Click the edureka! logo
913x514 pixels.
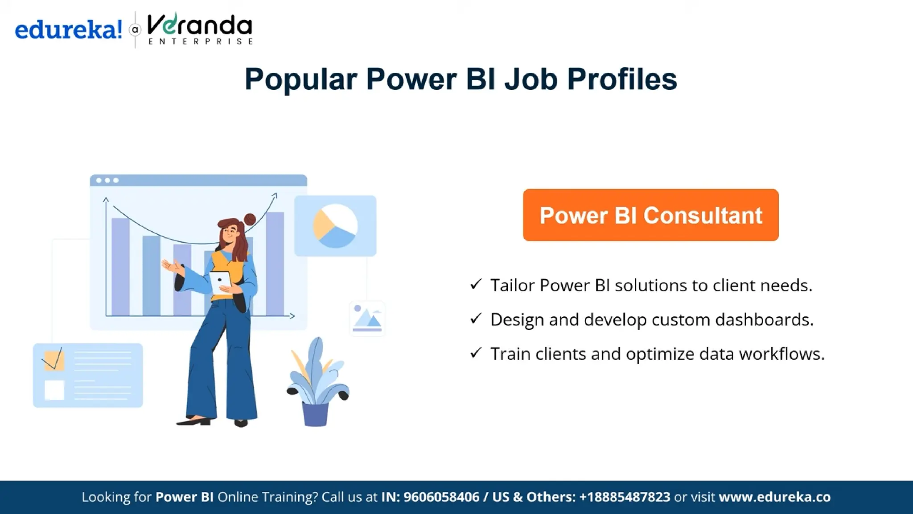coord(68,30)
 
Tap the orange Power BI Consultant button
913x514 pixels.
coord(650,215)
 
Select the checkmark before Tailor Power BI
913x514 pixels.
coord(476,284)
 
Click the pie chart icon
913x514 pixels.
coord(335,226)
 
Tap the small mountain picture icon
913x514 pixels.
coord(367,319)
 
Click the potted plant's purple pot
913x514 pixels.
coord(315,414)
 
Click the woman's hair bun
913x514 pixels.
coord(250,219)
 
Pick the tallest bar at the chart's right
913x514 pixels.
coord(275,263)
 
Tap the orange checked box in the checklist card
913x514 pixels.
coord(54,361)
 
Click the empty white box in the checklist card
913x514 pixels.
coord(54,390)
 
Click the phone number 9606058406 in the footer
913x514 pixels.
coord(441,497)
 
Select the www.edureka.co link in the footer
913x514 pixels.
coord(774,497)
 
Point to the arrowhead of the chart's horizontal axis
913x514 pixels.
coord(292,316)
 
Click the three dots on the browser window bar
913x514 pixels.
coord(107,180)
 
